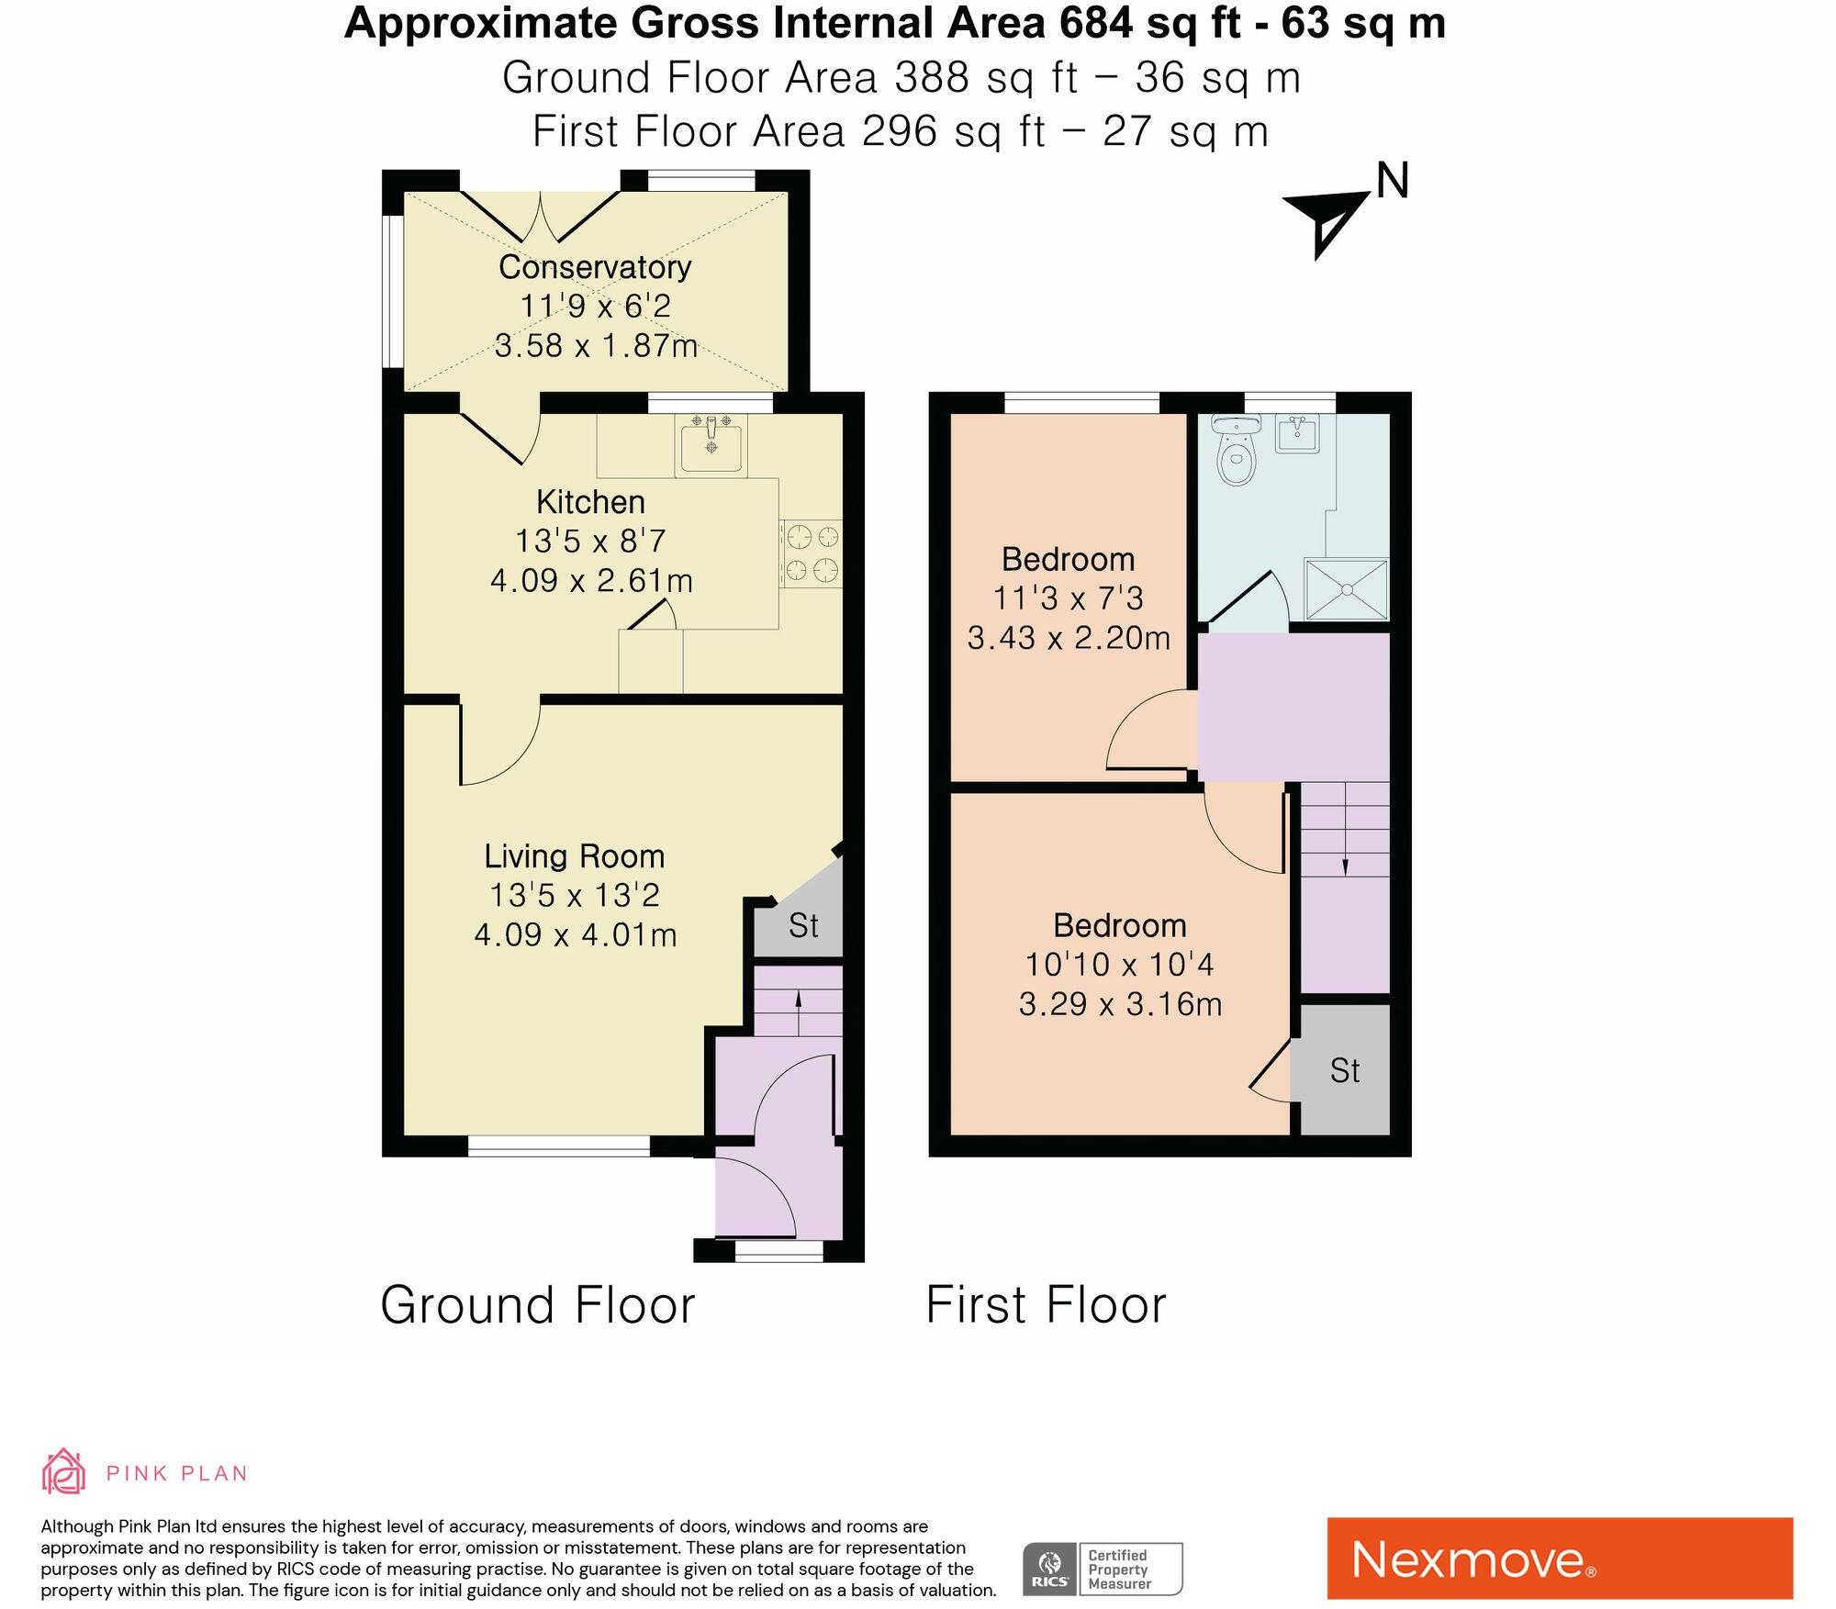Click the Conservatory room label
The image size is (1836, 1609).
(595, 267)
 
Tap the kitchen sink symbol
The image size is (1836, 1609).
(711, 445)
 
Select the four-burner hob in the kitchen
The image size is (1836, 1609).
(812, 553)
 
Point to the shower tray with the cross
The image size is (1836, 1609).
(1347, 589)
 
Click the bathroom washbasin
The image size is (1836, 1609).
(1297, 432)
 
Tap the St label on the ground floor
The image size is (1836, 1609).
(803, 926)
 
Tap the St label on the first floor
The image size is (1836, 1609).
(1345, 1071)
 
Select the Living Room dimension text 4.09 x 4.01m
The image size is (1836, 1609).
(576, 935)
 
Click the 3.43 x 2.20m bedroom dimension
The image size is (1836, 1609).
(1069, 638)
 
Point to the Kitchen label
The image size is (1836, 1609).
(590, 502)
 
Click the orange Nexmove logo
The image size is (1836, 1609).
(1560, 1559)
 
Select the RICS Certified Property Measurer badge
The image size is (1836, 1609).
(1103, 1569)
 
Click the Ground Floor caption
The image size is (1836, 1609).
(538, 1305)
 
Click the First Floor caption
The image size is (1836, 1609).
(1046, 1305)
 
